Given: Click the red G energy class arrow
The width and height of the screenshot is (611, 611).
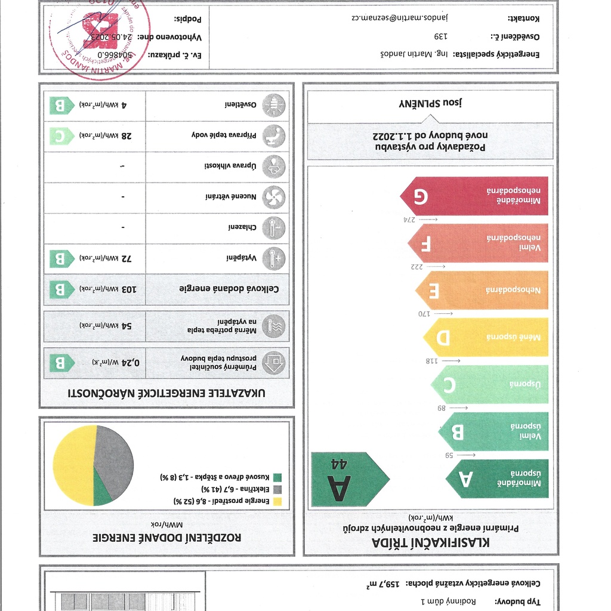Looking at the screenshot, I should click(x=474, y=196).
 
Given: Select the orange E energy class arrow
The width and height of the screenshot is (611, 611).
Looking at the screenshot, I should click(x=482, y=290).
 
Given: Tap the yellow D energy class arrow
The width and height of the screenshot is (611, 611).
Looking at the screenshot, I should click(x=486, y=337).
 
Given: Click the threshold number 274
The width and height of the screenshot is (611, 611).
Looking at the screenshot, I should click(x=409, y=220).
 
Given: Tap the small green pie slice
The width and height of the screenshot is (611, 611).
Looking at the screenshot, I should click(x=102, y=495).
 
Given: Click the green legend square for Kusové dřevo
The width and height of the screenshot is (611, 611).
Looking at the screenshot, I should click(x=277, y=477).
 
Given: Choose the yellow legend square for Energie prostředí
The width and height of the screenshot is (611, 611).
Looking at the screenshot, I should click(x=277, y=501).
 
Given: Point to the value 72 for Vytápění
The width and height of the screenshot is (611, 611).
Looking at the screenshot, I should click(x=126, y=258).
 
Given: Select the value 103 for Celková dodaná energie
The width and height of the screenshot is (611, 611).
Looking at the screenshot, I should click(x=129, y=289).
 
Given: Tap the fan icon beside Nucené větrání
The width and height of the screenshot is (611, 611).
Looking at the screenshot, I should click(x=274, y=197).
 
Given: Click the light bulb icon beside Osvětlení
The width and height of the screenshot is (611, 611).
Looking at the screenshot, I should click(x=274, y=105).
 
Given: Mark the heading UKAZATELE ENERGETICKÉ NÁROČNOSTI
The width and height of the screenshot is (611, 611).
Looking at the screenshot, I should click(x=166, y=393).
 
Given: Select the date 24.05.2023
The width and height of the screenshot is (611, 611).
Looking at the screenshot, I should click(x=112, y=37).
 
